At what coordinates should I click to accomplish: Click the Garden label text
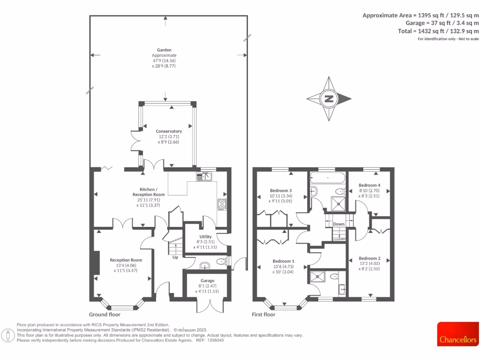point(165,50)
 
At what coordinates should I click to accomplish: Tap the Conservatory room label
point(169,131)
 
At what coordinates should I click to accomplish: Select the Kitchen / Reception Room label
point(149,191)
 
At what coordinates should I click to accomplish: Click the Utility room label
point(206,237)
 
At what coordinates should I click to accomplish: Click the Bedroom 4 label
point(369,185)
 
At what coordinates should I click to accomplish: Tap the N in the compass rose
point(329,99)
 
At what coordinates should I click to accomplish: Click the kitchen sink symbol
point(205,176)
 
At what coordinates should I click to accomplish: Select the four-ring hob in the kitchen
point(222,205)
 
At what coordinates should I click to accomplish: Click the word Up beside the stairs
point(175,257)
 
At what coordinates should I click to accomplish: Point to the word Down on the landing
point(338,224)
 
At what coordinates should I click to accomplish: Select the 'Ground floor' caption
point(105,315)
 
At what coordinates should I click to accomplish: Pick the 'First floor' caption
point(263,315)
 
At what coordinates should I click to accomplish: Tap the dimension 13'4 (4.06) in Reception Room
point(126,265)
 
